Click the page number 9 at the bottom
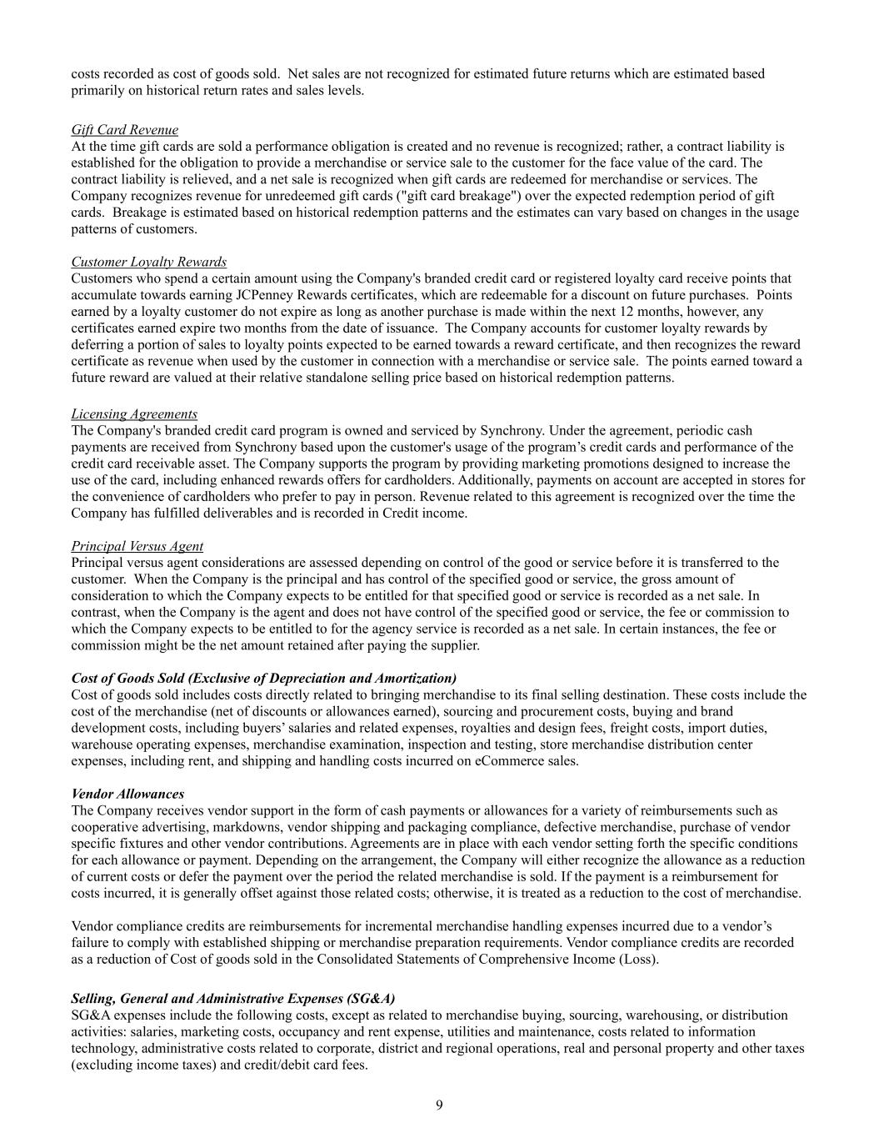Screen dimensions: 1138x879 click(439, 1105)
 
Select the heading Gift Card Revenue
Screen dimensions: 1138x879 click(124, 129)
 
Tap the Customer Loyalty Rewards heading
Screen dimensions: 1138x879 click(148, 262)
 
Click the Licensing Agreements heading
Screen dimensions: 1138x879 click(134, 414)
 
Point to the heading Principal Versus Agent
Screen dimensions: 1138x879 click(137, 546)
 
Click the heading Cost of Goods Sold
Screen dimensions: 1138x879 click(263, 678)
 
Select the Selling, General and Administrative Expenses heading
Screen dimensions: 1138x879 click(233, 999)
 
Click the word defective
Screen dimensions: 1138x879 click(562, 827)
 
